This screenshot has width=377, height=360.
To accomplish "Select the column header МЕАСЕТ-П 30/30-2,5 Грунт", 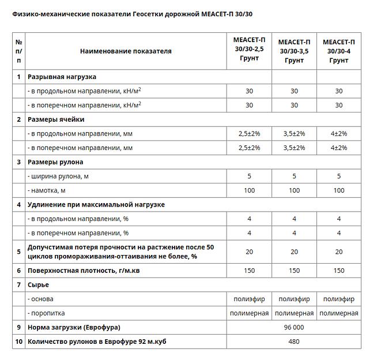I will (249, 51).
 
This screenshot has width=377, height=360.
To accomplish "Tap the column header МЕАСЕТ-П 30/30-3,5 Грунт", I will (294, 51).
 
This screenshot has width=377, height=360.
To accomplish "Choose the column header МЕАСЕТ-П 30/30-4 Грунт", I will (339, 51).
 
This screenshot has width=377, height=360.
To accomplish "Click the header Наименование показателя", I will (126, 51).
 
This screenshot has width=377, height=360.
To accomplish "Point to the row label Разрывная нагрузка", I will (62, 77).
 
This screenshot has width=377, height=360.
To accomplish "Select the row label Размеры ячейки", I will (56, 119).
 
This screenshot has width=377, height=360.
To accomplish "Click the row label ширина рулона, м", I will (58, 176).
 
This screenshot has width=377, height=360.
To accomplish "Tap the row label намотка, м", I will (47, 190).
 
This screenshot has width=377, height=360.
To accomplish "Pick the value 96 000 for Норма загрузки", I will (294, 327).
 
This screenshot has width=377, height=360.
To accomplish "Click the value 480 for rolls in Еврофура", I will (294, 342).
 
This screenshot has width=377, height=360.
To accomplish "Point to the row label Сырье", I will (39, 284).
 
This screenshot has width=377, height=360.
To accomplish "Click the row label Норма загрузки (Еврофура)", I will (74, 327).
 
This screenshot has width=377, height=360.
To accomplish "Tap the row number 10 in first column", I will (19, 342).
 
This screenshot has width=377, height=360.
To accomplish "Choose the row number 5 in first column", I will (19, 252).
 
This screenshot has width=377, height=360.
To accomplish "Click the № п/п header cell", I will (19, 51).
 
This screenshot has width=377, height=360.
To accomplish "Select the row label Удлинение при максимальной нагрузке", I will (96, 204).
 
